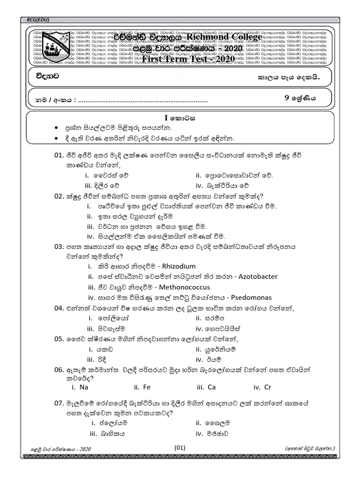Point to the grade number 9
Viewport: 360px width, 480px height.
(x=287, y=98)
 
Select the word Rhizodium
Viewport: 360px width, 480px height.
(x=179, y=266)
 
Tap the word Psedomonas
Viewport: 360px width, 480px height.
(x=249, y=297)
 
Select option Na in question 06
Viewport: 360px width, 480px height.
(x=84, y=387)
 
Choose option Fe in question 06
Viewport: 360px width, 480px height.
(x=146, y=387)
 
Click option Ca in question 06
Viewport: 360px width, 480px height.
(x=211, y=387)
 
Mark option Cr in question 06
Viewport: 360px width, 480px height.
(x=268, y=387)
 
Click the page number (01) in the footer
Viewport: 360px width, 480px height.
(x=180, y=448)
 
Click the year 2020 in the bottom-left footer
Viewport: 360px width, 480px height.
(x=85, y=449)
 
